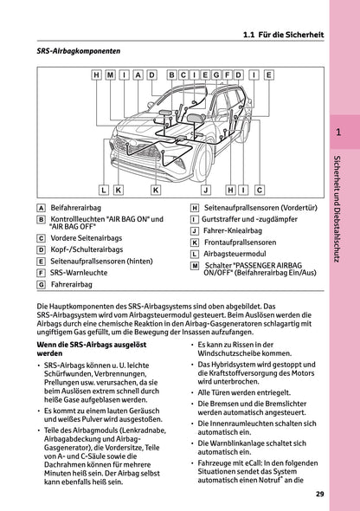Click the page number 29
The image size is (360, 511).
(320, 495)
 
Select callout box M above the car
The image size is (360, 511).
(110, 75)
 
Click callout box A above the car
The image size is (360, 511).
(138, 75)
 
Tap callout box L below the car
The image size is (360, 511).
(103, 188)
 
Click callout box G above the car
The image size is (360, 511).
(216, 75)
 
